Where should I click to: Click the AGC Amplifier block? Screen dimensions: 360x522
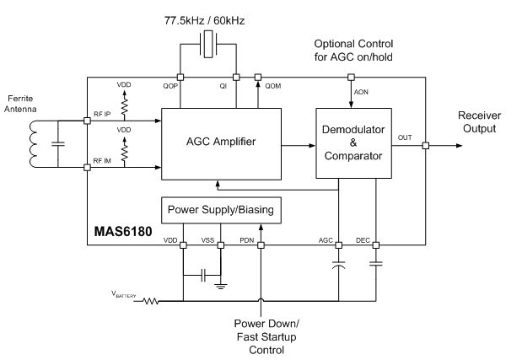pyautogui.click(x=220, y=142)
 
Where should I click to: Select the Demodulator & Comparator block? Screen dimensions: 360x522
pyautogui.click(x=352, y=142)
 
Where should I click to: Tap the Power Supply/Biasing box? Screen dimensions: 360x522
pyautogui.click(x=219, y=208)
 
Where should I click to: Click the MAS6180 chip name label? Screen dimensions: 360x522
pyautogui.click(x=123, y=231)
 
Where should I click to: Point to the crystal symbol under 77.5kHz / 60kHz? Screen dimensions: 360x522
pyautogui.click(x=208, y=44)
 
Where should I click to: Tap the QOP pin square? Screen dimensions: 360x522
pyautogui.click(x=180, y=77)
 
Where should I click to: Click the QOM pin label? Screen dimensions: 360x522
pyautogui.click(x=273, y=86)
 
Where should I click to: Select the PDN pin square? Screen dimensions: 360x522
pyautogui.click(x=261, y=245)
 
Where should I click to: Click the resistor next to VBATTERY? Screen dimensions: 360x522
pyautogui.click(x=152, y=299)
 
